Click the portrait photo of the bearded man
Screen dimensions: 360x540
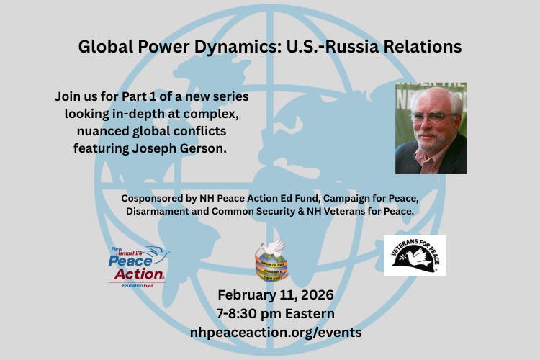431,128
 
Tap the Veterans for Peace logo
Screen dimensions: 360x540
415,255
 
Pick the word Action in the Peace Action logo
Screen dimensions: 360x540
137,274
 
